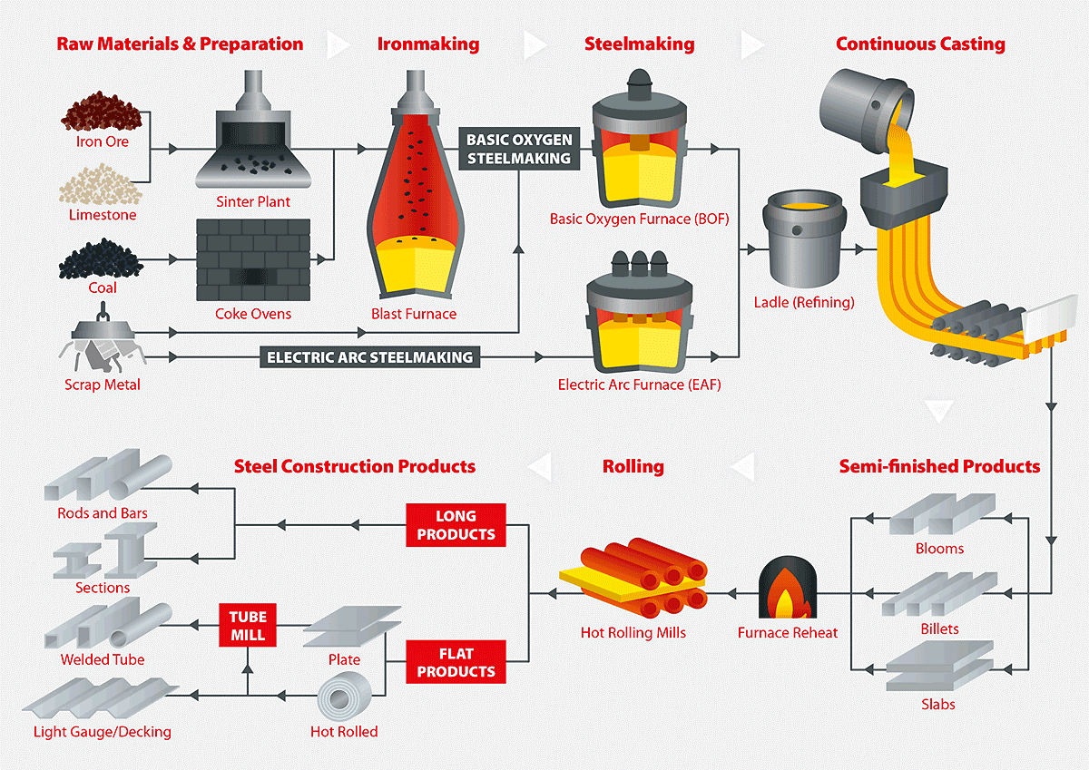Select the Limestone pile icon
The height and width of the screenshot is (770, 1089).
[102, 186]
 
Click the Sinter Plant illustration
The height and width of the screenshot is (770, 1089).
[253, 141]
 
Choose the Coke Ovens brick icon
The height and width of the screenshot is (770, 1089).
[253, 259]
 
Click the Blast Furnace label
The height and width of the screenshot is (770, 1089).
[413, 314]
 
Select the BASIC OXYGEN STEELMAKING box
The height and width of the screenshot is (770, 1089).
[518, 149]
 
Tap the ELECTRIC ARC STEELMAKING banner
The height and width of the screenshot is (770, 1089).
[370, 357]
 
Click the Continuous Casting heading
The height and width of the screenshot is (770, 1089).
[920, 44]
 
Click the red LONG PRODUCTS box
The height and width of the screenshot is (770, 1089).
[456, 525]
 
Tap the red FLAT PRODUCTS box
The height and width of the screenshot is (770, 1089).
[456, 662]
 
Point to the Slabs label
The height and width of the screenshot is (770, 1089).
[938, 704]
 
